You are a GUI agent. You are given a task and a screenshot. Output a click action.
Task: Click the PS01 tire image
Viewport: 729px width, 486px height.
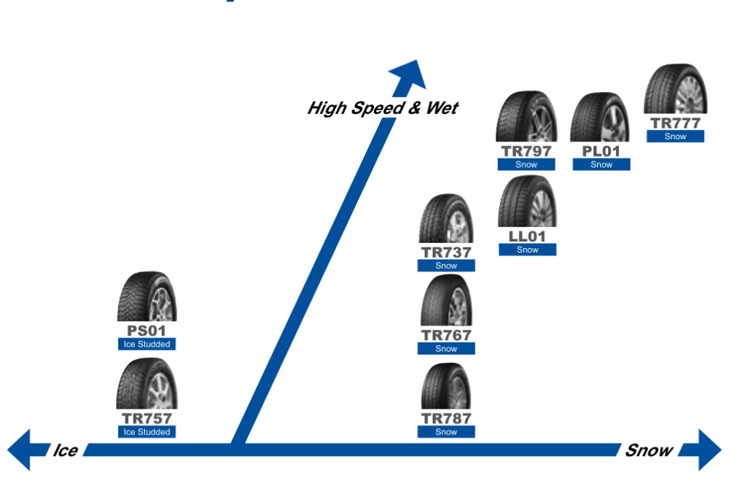[x=147, y=297]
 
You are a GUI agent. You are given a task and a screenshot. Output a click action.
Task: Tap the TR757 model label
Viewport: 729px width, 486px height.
[x=147, y=419]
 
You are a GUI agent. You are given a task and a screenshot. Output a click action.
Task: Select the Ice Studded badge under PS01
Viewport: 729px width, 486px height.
[x=147, y=344]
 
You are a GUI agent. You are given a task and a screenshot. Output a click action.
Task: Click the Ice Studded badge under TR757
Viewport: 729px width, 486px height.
[x=147, y=432]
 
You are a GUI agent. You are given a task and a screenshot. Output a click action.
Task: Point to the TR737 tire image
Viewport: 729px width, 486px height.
[x=446, y=219]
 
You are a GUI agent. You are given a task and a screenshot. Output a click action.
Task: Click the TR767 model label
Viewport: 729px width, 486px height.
[x=446, y=336]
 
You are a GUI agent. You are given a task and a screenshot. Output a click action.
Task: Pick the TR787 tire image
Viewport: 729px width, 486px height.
[x=446, y=387]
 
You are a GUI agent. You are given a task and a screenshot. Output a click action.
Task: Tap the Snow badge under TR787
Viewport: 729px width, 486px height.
[x=446, y=432]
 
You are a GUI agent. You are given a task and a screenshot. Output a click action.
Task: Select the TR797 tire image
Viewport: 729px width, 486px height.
[x=526, y=117]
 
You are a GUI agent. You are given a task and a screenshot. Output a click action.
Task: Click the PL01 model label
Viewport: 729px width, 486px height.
[x=601, y=151]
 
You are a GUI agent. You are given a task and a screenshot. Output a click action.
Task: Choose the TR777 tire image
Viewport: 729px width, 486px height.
[x=676, y=89]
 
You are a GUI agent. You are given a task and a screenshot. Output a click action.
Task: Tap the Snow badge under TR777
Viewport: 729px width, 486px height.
[x=676, y=136]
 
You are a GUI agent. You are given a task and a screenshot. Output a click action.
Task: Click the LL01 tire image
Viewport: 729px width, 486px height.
[x=526, y=201]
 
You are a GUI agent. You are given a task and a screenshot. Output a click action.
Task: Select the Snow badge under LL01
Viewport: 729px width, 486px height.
[x=526, y=250]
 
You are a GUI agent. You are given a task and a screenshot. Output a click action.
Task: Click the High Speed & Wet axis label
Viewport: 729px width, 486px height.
[x=383, y=109]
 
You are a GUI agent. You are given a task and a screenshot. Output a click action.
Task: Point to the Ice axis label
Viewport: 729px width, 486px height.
[x=65, y=450]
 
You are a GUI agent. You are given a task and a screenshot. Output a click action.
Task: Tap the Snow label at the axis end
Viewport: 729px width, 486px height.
[x=648, y=450]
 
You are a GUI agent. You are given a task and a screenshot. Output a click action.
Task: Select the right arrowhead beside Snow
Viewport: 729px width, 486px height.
[x=709, y=450]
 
